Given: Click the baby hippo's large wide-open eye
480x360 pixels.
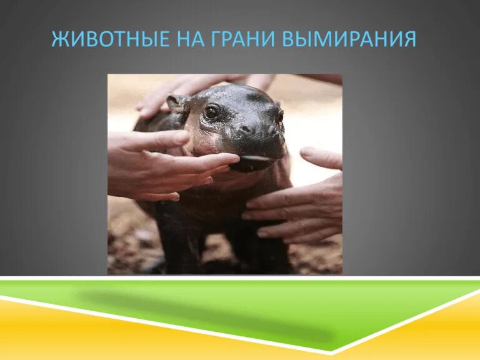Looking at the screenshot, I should tap(212, 112).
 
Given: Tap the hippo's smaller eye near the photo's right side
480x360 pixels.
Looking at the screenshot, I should tap(279, 116).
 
